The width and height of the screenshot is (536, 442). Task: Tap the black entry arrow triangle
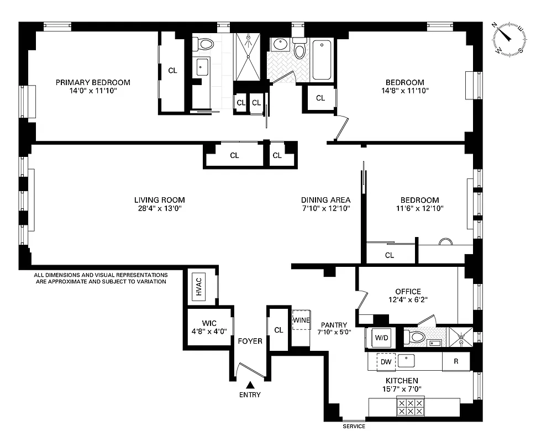pos(250,385)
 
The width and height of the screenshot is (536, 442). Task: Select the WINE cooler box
pos(301,320)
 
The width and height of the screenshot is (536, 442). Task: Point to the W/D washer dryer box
pos(381,337)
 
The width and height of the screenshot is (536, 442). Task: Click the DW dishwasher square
pos(386,362)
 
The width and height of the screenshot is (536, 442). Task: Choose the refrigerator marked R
pos(456,362)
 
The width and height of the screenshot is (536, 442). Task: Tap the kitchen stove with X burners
pos(410,407)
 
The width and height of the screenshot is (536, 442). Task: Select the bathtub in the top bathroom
pos(322,61)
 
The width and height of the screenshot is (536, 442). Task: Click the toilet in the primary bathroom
pos(206,44)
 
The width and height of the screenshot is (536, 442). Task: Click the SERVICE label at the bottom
pos(354,426)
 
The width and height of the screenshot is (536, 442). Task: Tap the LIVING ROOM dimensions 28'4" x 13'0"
pos(159,209)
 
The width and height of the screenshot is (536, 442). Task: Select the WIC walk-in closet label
pos(209,324)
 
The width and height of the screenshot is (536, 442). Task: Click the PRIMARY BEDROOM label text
pos(93,82)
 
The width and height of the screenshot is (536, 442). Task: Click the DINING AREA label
pos(326,200)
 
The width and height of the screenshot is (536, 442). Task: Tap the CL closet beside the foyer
pos(278,330)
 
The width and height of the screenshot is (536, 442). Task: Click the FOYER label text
pos(250,341)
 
